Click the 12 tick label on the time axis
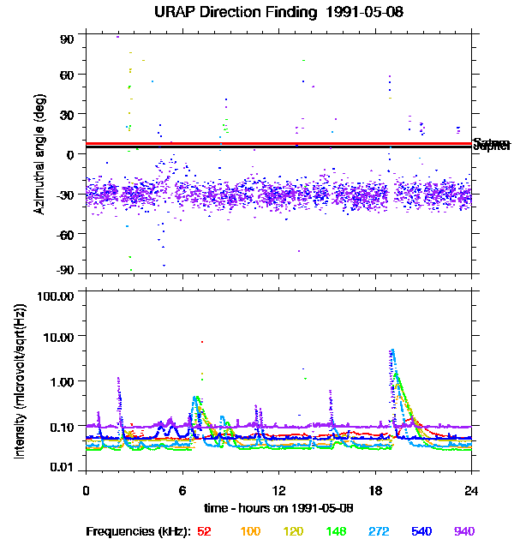point(279,490)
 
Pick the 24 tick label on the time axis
point(471,490)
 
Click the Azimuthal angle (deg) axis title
point(39,154)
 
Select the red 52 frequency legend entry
point(204,531)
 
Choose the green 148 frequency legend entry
point(335,531)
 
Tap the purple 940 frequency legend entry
point(464,531)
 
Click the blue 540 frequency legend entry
point(421,531)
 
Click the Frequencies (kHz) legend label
point(138,531)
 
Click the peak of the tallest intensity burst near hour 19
point(392,350)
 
